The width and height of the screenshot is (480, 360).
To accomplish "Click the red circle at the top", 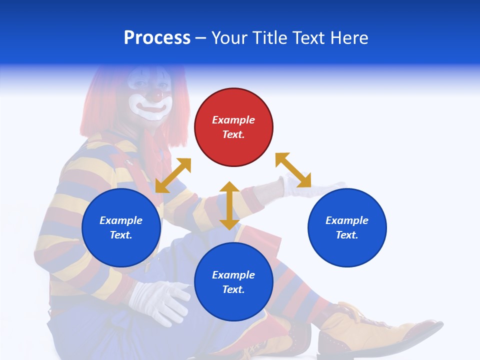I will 233,127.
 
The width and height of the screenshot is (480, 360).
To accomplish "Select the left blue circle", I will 121,227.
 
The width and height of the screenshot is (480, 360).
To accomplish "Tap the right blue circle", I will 347,227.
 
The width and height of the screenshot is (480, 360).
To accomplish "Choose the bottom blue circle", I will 233,282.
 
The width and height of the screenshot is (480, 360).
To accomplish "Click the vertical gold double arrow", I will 229,205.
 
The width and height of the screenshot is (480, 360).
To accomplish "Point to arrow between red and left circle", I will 173,175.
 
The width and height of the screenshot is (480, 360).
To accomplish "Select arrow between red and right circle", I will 293,170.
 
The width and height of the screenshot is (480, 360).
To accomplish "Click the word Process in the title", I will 157,38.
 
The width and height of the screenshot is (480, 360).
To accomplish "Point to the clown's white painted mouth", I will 151,106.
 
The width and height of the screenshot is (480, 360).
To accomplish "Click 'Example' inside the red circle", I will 233,120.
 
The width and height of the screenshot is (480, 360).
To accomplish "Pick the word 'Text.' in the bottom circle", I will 233,289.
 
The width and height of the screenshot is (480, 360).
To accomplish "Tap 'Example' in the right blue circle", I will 347,220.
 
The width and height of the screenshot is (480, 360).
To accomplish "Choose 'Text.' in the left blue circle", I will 121,235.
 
